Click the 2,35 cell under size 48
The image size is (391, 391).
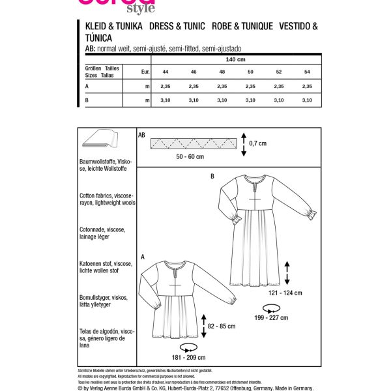tap(222, 86)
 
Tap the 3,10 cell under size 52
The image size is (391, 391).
tap(279, 100)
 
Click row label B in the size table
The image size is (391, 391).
tap(87, 100)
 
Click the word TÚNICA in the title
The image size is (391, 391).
tap(100, 39)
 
